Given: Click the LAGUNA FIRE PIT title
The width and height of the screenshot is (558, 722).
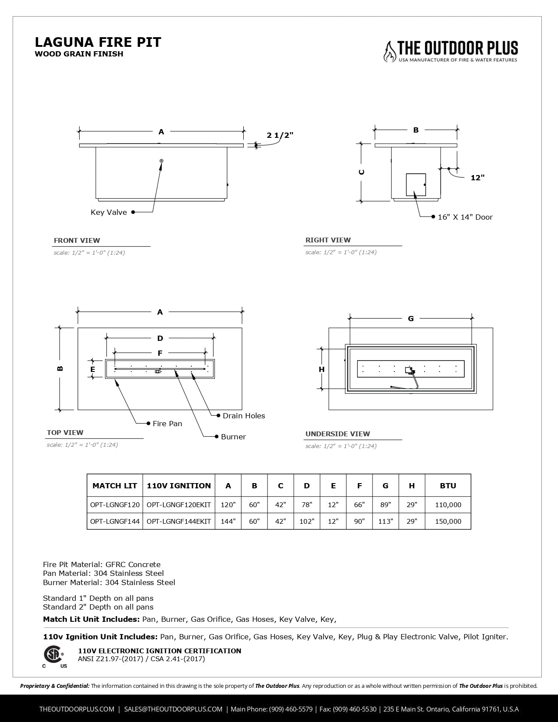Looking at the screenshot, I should click(98, 42).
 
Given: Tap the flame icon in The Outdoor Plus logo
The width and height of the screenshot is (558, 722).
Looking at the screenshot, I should click(389, 52).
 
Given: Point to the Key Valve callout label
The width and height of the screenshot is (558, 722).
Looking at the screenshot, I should click(109, 212).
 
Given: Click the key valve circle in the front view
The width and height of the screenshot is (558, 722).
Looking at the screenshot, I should click(161, 161).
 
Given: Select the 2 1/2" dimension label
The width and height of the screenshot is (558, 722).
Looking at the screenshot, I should click(280, 135).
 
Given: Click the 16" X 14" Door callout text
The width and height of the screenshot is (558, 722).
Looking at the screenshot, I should click(465, 217).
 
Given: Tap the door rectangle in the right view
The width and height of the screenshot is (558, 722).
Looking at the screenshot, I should click(416, 184).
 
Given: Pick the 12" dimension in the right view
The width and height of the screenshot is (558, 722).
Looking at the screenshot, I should click(477, 178).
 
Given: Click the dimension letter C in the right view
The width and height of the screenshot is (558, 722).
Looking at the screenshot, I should click(362, 172).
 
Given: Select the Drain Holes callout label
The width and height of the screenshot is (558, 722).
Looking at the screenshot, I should click(244, 416).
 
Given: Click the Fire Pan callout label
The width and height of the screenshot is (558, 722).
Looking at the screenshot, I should click(167, 424).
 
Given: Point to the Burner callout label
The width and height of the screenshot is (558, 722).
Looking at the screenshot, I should click(233, 437).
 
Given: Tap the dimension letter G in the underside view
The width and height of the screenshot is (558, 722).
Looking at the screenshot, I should click(411, 319).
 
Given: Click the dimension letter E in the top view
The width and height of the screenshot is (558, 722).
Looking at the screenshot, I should click(93, 370).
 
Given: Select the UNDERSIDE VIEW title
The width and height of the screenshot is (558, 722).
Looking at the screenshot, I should click(337, 434).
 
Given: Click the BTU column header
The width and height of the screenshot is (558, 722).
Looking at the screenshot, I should click(448, 486).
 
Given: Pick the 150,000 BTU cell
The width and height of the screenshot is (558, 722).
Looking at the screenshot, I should click(448, 521).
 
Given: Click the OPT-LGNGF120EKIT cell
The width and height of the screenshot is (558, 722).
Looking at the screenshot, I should click(179, 505).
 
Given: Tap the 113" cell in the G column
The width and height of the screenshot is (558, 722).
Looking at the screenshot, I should click(386, 521).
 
